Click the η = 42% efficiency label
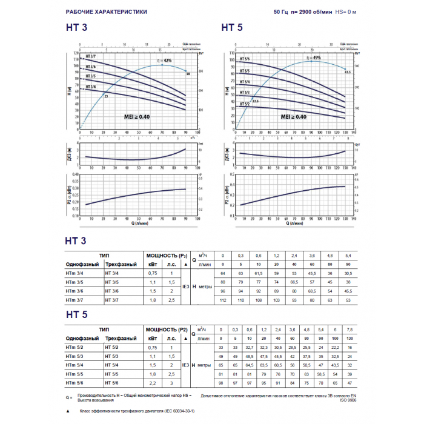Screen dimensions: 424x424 tap(164, 61)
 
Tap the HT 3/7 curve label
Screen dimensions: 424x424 tap(91, 59)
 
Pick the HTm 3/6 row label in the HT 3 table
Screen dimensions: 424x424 tap(75, 291)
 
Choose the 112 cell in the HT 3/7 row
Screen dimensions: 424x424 tap(223, 299)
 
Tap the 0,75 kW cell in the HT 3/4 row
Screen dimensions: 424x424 tap(153, 274)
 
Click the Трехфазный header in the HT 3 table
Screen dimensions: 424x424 tap(118, 264)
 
